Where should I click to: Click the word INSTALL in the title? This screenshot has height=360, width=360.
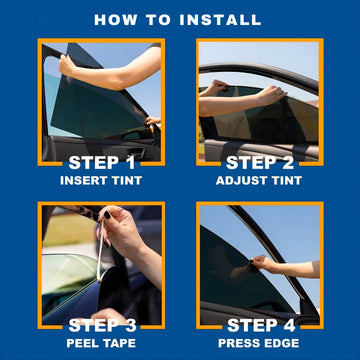(220, 20)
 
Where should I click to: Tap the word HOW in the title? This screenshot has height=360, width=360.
(115, 20)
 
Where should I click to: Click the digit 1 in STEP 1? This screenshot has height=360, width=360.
(129, 163)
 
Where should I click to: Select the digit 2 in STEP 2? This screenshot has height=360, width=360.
(287, 163)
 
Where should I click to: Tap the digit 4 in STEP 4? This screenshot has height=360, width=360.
(288, 326)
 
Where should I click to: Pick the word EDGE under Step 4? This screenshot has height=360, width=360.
(282, 343)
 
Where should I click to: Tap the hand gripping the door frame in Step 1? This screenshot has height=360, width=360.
(68, 65)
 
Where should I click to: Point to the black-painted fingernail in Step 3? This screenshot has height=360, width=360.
(107, 215)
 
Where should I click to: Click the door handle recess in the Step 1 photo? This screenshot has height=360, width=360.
(137, 152)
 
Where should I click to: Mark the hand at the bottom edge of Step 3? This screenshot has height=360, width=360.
(108, 316)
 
